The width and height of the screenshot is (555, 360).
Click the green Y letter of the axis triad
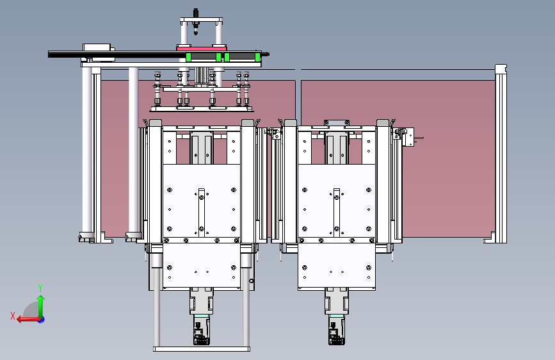point(40,288)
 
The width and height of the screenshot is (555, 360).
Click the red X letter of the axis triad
point(13,316)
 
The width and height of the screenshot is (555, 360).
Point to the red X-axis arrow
point(29,320)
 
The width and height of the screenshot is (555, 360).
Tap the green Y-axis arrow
point(41,307)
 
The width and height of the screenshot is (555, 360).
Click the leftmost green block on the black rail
point(188,57)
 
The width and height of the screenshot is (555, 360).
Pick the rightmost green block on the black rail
point(257,57)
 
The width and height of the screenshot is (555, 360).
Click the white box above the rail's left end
point(97,47)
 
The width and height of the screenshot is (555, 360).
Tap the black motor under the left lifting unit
point(202,331)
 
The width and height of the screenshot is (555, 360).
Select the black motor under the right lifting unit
point(336,331)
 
